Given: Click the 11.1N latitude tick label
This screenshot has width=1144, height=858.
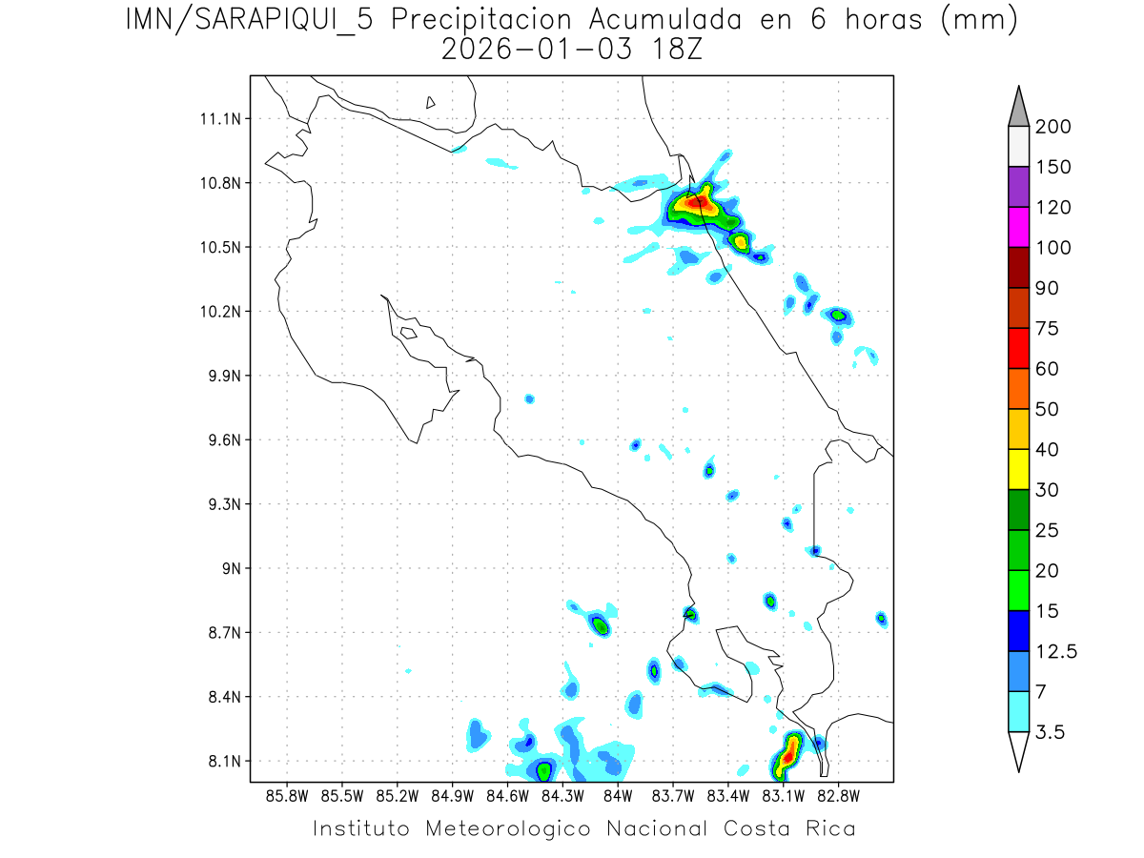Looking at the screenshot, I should click(218, 119).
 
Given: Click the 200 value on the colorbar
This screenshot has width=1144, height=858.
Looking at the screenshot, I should click(1053, 128).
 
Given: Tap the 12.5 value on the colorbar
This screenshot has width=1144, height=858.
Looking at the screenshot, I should click(1056, 651).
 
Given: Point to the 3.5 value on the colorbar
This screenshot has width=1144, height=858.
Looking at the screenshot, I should click(1050, 732).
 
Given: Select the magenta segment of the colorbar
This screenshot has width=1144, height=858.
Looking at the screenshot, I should click(1018, 228).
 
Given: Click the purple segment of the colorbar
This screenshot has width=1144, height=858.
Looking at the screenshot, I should click(1018, 188).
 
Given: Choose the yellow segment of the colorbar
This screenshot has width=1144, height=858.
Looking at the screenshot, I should click(1018, 469).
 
